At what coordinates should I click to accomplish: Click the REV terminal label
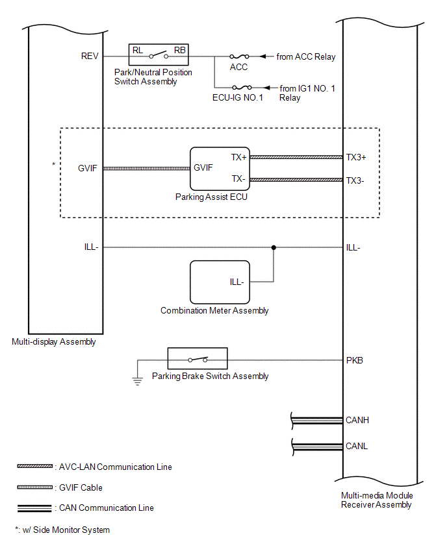(90, 56)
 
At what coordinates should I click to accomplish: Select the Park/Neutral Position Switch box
(159, 56)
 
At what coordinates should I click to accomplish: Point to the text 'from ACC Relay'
(306, 56)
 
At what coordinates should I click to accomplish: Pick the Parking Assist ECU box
(220, 168)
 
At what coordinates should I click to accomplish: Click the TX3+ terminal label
(357, 157)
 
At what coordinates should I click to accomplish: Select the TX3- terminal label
(355, 180)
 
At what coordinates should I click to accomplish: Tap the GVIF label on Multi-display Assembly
(87, 167)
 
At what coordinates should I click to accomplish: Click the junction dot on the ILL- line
(274, 247)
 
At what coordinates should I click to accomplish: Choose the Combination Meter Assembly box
(220, 282)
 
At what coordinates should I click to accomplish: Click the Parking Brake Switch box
(198, 360)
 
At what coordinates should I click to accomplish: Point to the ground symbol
(137, 380)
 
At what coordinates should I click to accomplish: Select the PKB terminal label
(355, 360)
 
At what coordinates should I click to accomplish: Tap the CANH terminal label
(357, 420)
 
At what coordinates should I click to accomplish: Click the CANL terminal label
(357, 447)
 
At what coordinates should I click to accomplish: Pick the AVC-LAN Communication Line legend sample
(35, 467)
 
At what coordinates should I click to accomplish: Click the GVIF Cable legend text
(81, 487)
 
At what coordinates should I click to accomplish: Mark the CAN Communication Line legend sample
(35, 508)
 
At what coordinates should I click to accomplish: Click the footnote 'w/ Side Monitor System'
(65, 530)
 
